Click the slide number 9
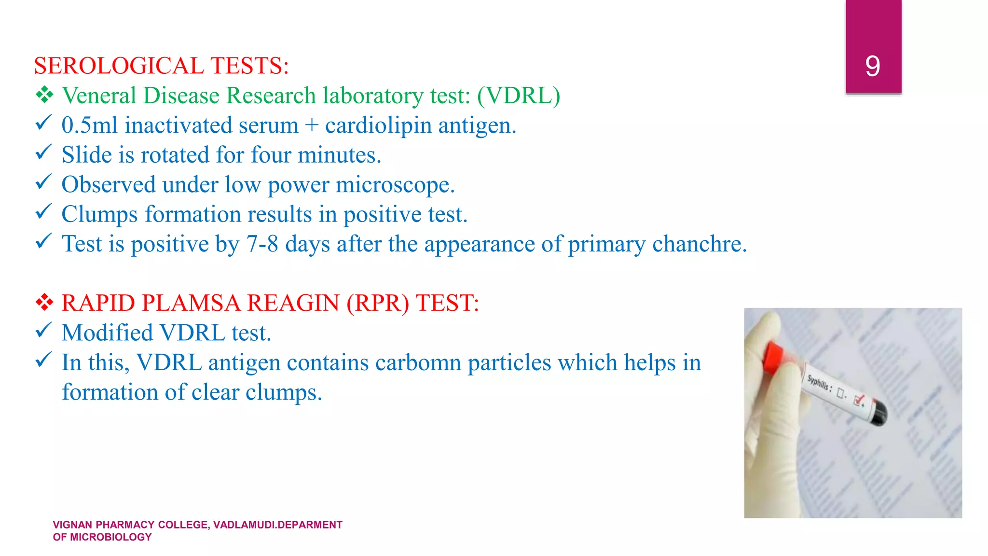[872, 66]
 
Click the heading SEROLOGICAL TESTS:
[161, 66]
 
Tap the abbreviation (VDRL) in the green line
[519, 96]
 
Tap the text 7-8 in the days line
[262, 244]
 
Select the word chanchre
[699, 244]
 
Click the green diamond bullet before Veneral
[44, 95]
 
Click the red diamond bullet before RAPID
[44, 303]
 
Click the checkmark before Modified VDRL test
[43, 331]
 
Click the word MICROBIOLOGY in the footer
[110, 537]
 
